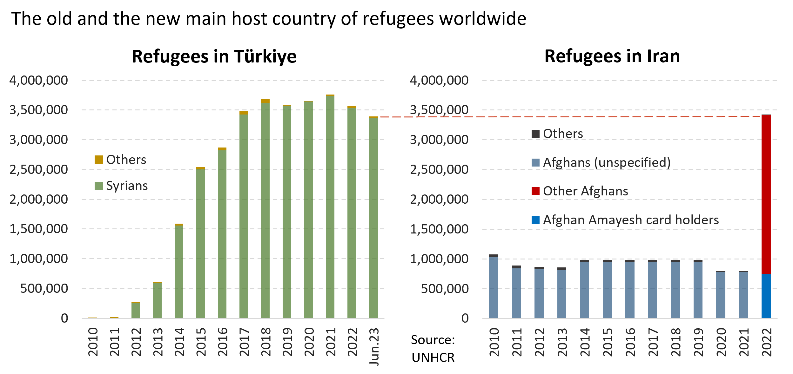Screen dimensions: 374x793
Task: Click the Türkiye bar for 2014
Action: coord(179,271)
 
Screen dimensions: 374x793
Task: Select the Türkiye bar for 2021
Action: coord(330,206)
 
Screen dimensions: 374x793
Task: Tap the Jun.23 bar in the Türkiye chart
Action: coord(373,218)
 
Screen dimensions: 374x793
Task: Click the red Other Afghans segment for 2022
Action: coord(766,194)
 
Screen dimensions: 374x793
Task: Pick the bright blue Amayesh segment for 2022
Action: coord(766,296)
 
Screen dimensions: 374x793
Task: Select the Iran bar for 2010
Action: coord(494,287)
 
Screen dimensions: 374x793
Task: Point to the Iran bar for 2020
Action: coord(721,295)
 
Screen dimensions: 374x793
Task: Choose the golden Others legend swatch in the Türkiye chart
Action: coord(99,160)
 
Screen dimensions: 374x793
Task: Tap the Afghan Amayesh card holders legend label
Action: coord(631,220)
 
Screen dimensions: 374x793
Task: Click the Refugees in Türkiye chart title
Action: coord(214,56)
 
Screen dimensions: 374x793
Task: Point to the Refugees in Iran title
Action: coord(612,56)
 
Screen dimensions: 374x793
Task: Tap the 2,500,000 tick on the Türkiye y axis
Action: coord(39,169)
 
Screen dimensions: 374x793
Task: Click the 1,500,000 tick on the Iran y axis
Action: coord(439,229)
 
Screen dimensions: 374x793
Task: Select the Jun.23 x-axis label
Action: coord(374,346)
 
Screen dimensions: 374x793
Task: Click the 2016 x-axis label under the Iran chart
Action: coord(630,342)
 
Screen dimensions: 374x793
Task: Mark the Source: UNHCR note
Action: coord(433,349)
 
